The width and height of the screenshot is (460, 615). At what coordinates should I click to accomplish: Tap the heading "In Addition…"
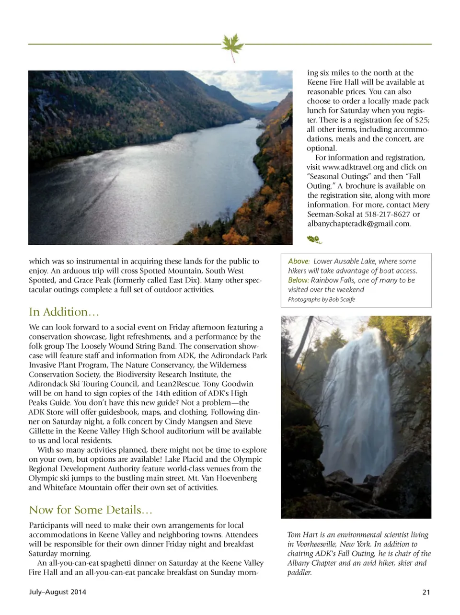pyautogui.click(x=64, y=312)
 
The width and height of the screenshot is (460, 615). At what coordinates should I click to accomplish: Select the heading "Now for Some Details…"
pyautogui.click(x=91, y=510)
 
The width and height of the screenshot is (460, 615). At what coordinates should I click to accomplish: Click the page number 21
pyautogui.click(x=426, y=592)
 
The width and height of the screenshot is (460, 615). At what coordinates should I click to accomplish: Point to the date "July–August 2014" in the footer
pyautogui.click(x=57, y=592)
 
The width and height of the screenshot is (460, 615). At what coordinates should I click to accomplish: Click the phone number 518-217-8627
pyautogui.click(x=388, y=214)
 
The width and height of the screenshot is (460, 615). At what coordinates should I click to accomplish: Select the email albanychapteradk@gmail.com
pyautogui.click(x=359, y=224)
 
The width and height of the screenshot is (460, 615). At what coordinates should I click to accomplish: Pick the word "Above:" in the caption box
pyautogui.click(x=299, y=262)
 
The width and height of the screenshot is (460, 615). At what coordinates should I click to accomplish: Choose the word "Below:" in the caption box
pyautogui.click(x=298, y=280)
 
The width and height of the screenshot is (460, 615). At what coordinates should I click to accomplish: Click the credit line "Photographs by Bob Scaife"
pyautogui.click(x=322, y=299)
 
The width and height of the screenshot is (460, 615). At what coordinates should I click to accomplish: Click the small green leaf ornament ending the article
pyautogui.click(x=314, y=239)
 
